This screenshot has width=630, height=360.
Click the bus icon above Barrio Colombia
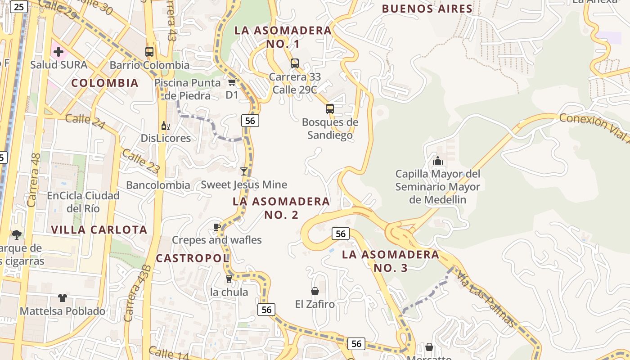[149, 52]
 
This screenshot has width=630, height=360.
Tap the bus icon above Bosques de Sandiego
[330, 108]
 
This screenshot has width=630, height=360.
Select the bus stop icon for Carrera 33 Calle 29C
[295, 63]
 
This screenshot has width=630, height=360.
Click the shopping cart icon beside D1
[232, 82]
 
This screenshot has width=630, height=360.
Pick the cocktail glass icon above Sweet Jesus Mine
[244, 171]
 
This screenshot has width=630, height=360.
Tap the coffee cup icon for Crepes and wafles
[216, 227]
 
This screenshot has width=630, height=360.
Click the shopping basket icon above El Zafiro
[315, 291]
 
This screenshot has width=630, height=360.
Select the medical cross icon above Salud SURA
[58, 52]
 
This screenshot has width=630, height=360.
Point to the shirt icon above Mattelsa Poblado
[63, 298]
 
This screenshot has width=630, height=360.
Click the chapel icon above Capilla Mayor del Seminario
[437, 161]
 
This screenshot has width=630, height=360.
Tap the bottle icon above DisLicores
[166, 126]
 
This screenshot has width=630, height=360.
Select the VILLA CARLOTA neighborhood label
[99, 229]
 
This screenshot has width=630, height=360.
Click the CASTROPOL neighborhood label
[193, 258]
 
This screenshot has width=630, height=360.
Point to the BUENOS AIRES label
[427, 9]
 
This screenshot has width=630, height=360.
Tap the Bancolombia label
[158, 185]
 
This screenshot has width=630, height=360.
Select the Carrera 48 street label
[34, 180]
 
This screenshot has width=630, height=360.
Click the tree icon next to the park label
[17, 234]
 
